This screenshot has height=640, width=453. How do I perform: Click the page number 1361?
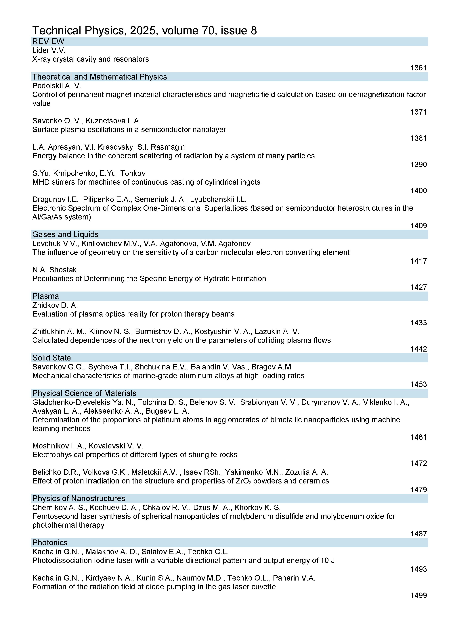[418, 68]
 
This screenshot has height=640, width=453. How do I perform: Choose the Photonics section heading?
[50, 542]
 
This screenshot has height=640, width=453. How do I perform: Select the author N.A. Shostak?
[54, 270]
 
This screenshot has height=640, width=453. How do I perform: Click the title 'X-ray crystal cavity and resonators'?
[91, 59]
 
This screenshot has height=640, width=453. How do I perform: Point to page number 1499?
[418, 595]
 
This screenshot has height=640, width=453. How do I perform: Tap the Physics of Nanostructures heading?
[79, 498]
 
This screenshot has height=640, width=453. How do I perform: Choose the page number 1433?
[418, 323]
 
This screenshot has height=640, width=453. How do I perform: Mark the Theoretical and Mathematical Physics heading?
[100, 77]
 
